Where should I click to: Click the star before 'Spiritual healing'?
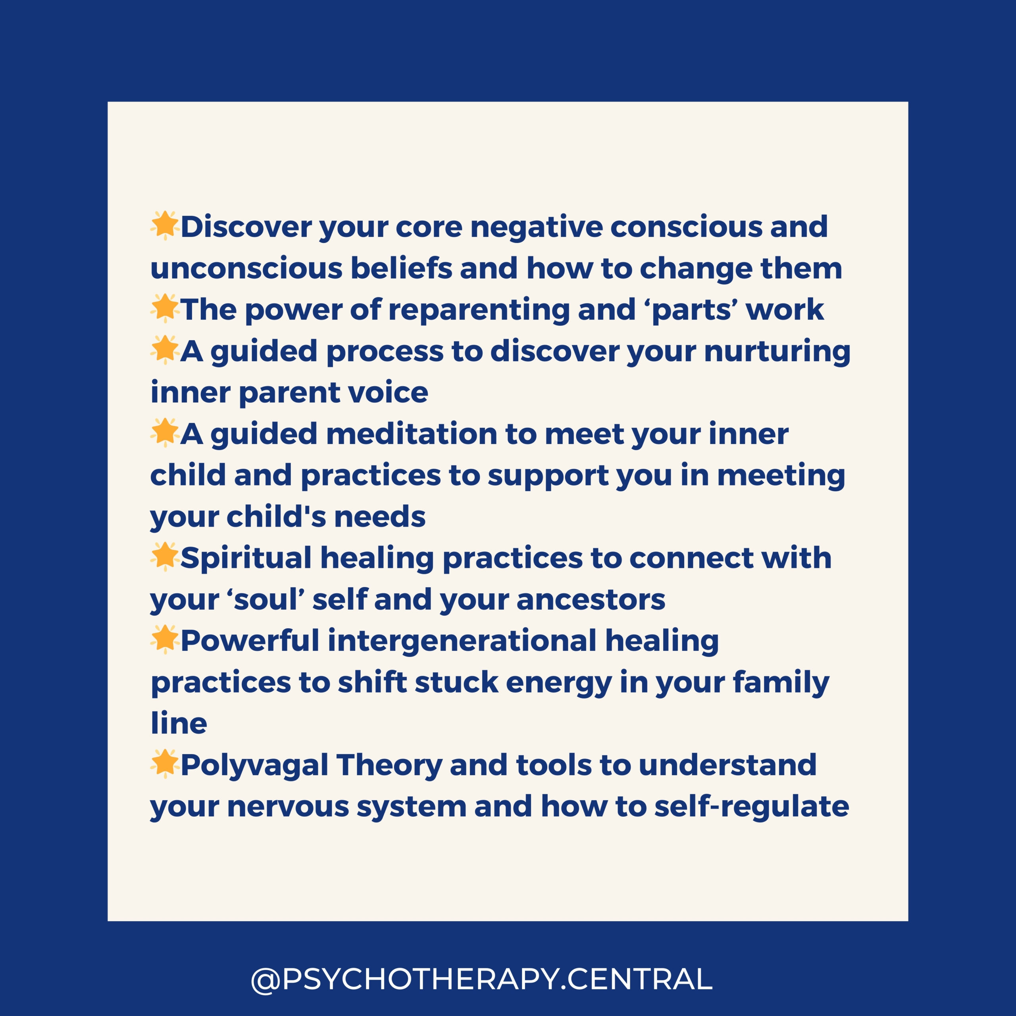(x=165, y=557)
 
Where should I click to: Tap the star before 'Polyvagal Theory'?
(x=165, y=764)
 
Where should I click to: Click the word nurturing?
(x=777, y=352)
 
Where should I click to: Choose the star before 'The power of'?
(x=165, y=308)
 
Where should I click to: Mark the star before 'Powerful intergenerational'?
(x=165, y=639)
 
